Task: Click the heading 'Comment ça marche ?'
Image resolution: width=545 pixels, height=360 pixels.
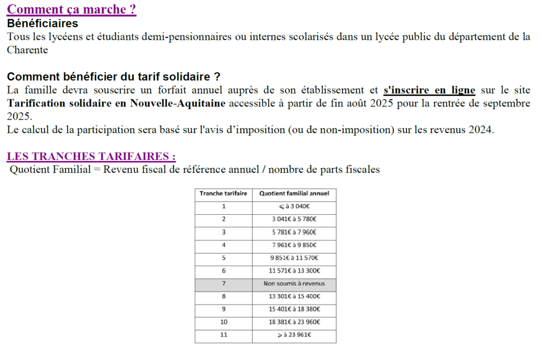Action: click(x=71, y=10)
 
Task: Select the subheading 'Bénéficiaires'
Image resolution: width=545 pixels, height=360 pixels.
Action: click(x=43, y=24)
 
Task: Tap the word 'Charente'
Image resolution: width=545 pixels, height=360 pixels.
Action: click(x=27, y=50)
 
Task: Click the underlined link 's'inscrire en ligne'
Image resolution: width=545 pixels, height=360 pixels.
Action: click(x=429, y=90)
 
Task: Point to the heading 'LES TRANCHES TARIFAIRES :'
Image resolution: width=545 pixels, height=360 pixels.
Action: click(x=91, y=156)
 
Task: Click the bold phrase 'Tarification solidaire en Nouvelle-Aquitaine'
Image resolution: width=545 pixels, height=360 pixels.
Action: click(x=117, y=103)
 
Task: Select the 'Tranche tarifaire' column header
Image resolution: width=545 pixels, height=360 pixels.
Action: click(x=224, y=194)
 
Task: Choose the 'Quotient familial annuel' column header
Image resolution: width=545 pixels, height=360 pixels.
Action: click(x=294, y=194)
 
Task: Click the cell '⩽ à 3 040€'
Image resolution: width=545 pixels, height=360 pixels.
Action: click(x=294, y=206)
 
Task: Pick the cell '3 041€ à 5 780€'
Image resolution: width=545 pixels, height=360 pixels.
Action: click(x=294, y=219)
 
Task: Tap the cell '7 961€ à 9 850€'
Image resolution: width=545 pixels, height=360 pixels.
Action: click(x=294, y=245)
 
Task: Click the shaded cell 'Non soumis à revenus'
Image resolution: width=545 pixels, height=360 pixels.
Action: click(x=294, y=283)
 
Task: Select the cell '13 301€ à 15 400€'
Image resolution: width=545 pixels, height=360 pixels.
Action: click(x=294, y=296)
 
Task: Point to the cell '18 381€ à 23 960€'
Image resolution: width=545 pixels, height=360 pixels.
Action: click(x=294, y=322)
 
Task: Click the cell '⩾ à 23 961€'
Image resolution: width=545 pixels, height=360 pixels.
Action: click(x=294, y=335)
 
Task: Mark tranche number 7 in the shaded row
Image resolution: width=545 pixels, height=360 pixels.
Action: click(x=224, y=283)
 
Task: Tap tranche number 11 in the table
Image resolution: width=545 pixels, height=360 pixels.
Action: click(x=224, y=335)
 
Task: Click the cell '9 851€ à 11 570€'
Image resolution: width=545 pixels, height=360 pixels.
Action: click(x=294, y=258)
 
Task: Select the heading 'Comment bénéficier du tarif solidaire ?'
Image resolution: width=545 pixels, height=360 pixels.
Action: click(x=113, y=77)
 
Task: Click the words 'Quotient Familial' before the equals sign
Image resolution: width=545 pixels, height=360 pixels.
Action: click(x=50, y=170)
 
